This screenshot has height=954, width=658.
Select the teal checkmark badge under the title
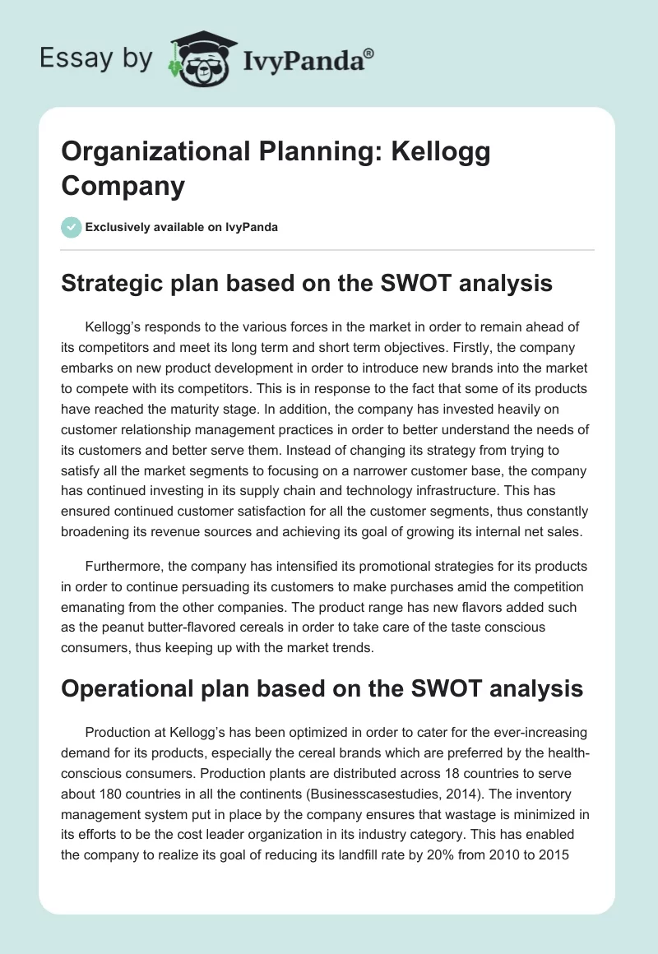point(72,227)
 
